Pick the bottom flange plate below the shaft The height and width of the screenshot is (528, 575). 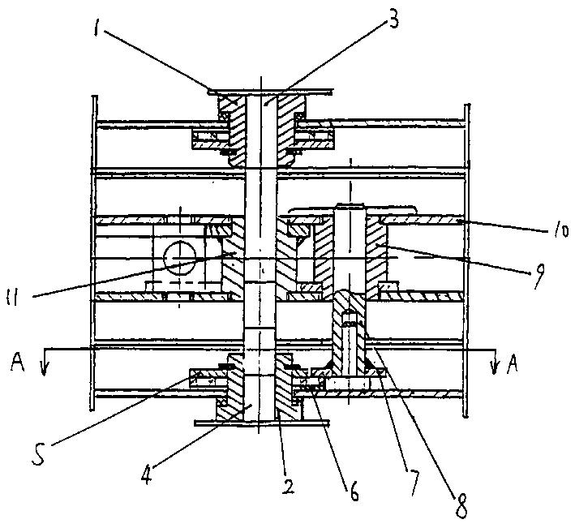[x=253, y=422]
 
